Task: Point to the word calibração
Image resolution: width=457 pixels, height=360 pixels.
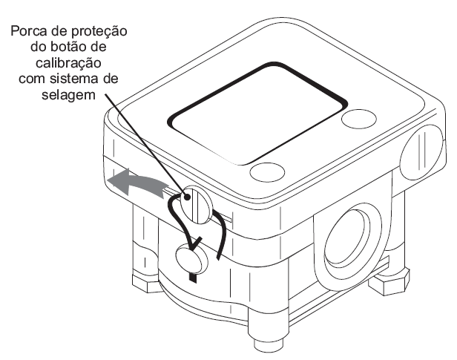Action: (68, 63)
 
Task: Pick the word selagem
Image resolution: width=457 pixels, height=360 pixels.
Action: (68, 95)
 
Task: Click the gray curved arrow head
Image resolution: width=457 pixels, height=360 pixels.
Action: (118, 180)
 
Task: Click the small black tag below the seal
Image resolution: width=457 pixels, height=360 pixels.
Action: (193, 278)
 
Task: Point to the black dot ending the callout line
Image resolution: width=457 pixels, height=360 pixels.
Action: (188, 197)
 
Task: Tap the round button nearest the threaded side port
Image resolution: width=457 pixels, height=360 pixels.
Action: (359, 118)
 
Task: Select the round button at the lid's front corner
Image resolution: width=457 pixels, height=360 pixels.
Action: (267, 171)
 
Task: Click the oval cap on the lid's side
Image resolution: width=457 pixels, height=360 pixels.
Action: (421, 152)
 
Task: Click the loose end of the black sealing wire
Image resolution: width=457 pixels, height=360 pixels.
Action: (218, 257)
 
